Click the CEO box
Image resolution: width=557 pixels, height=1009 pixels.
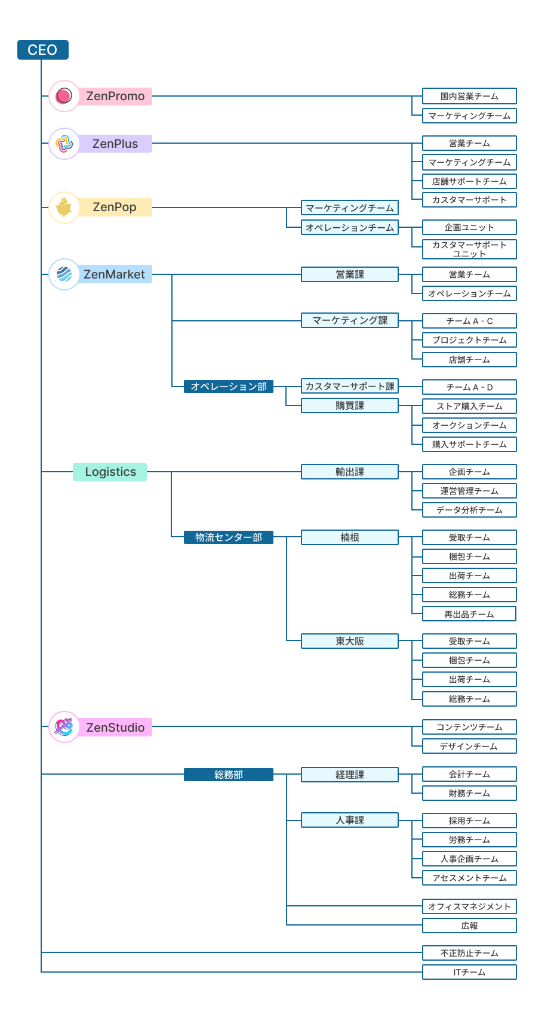pos(42,50)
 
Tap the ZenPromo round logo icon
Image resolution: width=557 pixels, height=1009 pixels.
pos(64,96)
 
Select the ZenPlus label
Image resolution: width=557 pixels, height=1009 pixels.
pos(115,144)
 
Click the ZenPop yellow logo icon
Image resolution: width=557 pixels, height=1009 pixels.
pos(64,208)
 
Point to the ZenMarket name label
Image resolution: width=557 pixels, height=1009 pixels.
pos(114,274)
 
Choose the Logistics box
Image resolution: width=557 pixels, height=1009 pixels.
pos(110,472)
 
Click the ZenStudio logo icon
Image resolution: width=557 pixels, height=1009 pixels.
pos(64,727)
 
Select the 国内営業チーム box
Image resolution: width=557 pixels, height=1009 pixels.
pos(469,96)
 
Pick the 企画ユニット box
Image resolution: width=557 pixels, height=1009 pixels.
pos(469,227)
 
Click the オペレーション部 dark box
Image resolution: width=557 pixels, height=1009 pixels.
pos(229,386)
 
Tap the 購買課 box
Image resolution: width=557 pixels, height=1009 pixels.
pos(350,406)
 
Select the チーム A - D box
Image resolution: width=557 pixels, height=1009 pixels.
pos(469,387)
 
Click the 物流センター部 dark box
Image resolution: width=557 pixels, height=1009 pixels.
pos(229,537)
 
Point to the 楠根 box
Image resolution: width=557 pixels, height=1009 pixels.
pos(350,537)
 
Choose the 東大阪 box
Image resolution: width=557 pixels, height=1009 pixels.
pos(350,641)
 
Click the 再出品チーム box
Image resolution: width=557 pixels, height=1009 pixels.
pos(469,614)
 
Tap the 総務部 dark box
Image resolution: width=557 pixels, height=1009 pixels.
pos(229,775)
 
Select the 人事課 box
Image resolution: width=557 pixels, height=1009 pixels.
pos(350,820)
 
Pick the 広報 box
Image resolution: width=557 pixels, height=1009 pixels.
pos(469,926)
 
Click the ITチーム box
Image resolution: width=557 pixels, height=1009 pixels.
pos(469,972)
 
